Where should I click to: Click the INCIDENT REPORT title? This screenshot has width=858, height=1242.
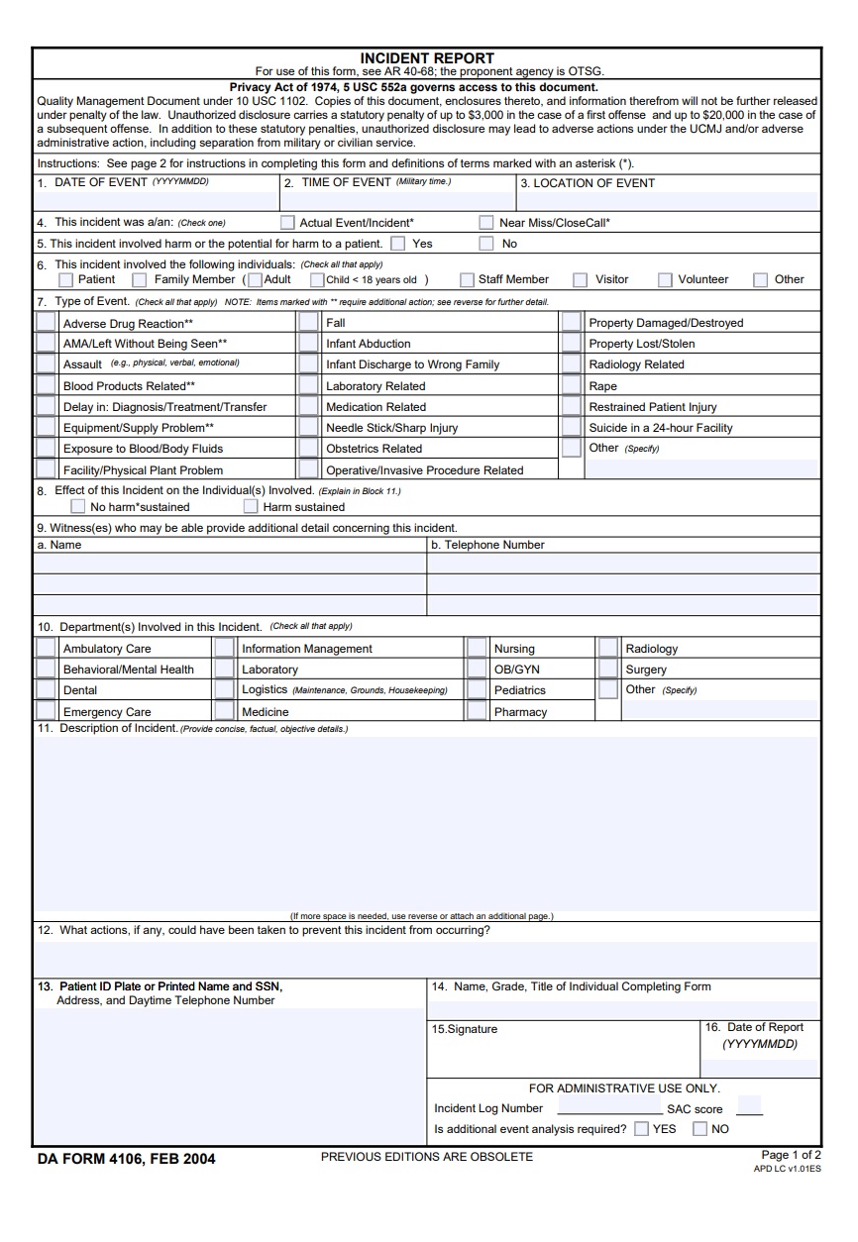427,58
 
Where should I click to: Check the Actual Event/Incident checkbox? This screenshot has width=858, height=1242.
287,223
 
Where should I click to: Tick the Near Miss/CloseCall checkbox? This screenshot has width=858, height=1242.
486,223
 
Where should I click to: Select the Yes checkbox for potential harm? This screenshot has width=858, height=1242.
397,244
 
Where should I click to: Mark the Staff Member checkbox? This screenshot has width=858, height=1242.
466,279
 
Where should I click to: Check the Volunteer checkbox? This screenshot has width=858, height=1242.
665,279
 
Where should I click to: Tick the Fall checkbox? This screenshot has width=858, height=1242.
309,323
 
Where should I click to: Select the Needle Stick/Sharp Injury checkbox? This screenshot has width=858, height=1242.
309,428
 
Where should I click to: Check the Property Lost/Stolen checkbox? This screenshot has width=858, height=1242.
572,344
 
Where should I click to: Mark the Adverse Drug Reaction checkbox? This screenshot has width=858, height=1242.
46,323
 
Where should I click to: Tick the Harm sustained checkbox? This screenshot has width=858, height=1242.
251,507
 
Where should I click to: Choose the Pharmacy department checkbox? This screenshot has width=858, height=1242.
477,711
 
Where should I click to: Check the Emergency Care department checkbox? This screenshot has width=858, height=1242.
46,711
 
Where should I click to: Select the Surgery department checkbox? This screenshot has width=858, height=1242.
608,670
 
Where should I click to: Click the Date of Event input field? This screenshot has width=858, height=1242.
156,200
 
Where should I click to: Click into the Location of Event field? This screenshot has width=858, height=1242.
669,200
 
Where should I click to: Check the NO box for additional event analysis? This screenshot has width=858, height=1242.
700,1129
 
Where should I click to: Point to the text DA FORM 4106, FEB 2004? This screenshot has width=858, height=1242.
126,1159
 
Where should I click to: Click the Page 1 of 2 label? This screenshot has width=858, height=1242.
791,1155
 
